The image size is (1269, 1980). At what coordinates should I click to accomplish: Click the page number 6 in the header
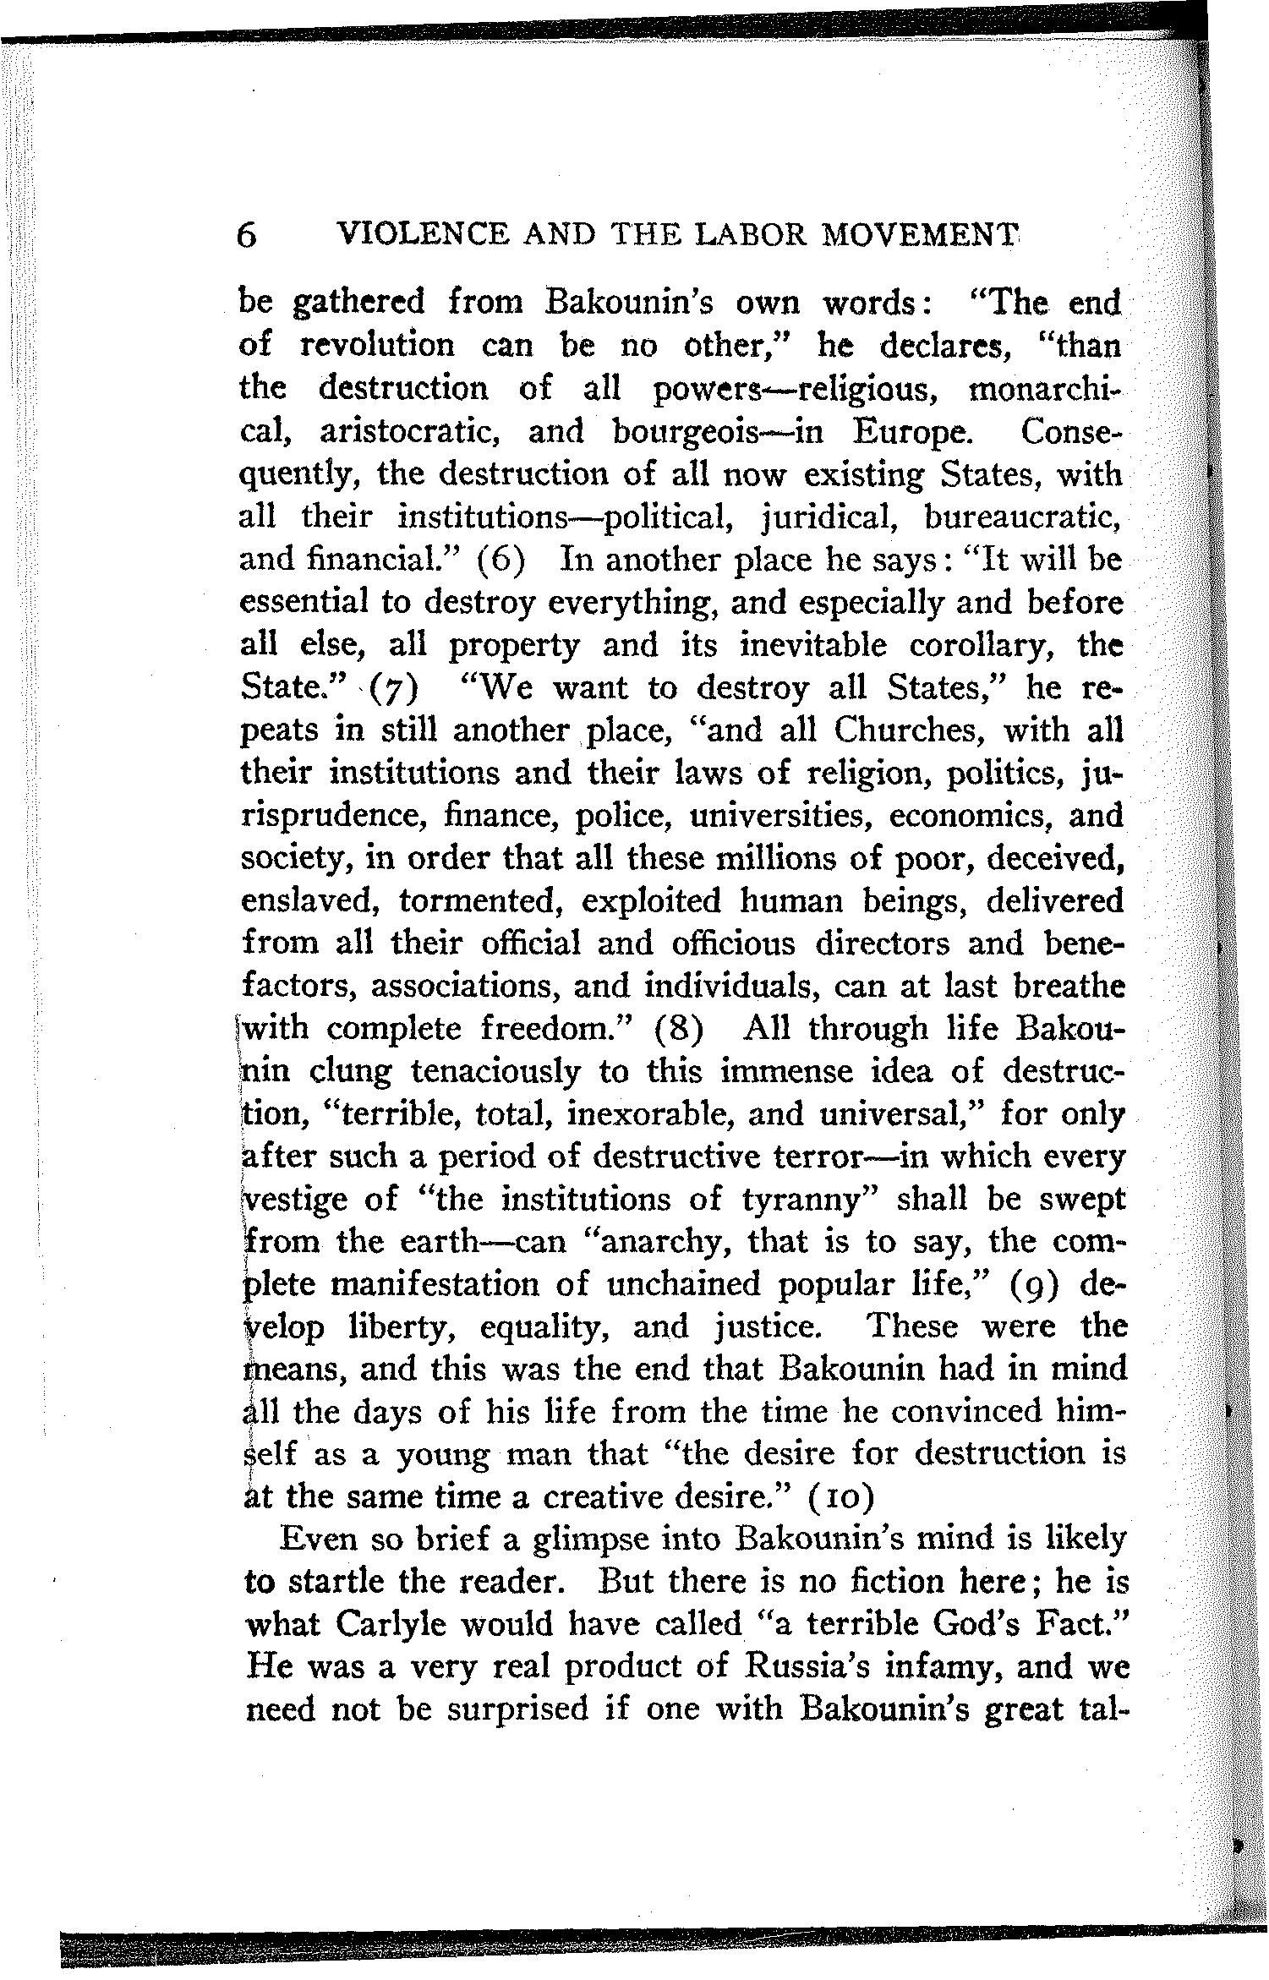[246, 234]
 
